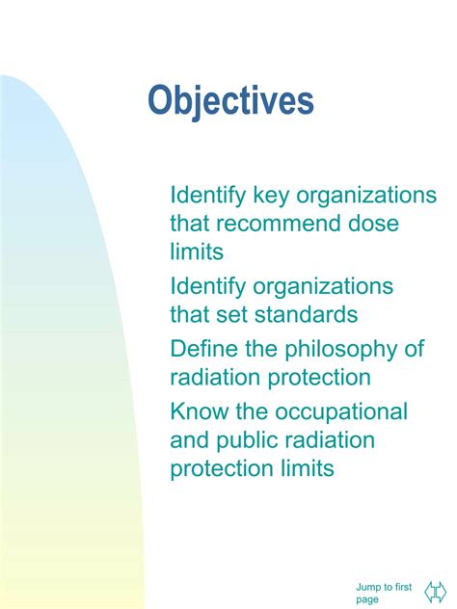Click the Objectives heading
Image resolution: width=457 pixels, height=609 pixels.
[x=231, y=101]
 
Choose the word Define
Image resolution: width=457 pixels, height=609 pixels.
[x=202, y=349]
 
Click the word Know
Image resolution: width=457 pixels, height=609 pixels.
[x=199, y=411]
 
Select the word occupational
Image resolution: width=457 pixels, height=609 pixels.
[x=342, y=411]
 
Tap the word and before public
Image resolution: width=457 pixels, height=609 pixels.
[x=189, y=440]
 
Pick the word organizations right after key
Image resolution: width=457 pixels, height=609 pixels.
[x=366, y=196]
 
